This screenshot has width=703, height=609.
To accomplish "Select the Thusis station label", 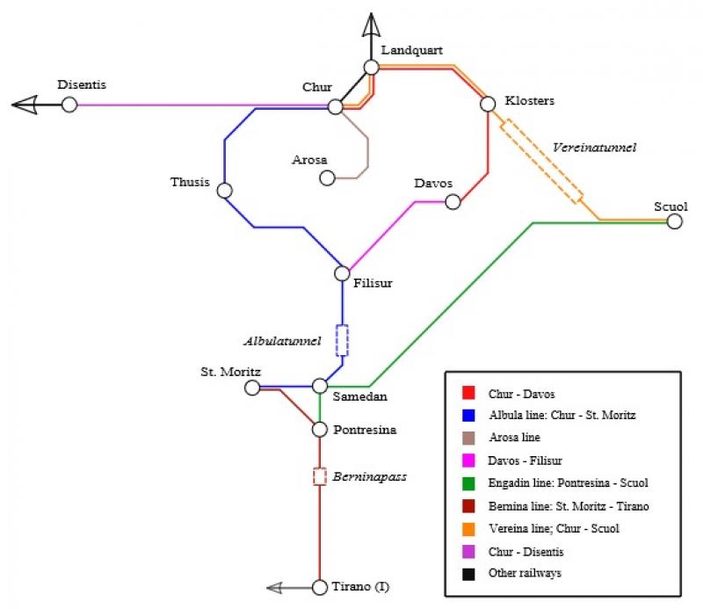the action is pos(190,182).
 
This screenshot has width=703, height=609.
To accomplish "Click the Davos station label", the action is pos(433,183).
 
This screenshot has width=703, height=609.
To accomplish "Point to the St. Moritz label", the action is pos(230,372).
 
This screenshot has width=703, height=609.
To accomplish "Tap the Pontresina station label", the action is pos(365,430).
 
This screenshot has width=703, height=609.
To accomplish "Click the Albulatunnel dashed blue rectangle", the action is pos(342,340).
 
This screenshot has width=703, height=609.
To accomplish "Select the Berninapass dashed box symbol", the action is pos(320,476).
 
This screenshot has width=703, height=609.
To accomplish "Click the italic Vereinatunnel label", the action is pos(595,148).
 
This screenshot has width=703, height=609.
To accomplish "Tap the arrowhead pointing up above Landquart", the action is pos(371,25).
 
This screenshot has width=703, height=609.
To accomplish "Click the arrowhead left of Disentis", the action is pos(25,105).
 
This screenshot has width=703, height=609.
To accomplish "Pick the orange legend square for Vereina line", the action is pos(468,529).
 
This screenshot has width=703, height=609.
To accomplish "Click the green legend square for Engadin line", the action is pos(468,483).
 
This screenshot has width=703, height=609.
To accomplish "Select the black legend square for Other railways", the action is pos(468,574).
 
